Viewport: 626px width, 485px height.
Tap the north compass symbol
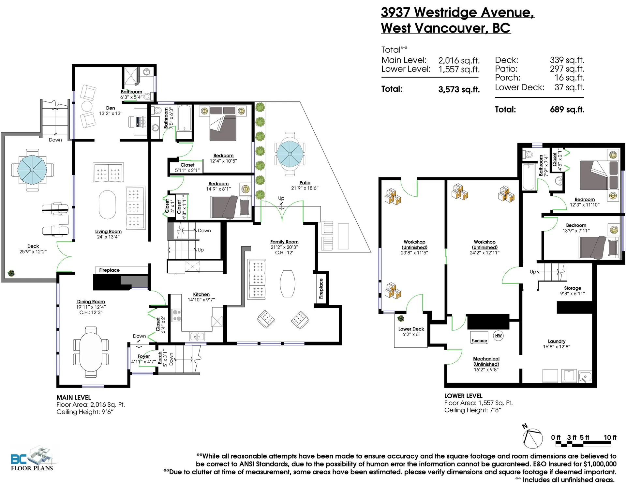tap(532, 438)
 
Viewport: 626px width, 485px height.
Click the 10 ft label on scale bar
tap(610, 437)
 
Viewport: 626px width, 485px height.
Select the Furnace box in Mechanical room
tap(479, 337)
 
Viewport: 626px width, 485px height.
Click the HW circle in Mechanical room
tap(498, 336)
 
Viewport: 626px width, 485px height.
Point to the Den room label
tap(110, 108)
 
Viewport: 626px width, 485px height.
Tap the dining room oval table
tap(91, 352)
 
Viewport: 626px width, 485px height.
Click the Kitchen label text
tap(201, 294)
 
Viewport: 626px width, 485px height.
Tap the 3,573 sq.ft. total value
tap(459, 89)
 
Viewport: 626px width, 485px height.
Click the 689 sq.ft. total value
tap(567, 110)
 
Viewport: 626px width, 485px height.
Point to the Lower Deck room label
tap(411, 329)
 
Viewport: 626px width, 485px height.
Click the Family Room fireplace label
tap(321, 289)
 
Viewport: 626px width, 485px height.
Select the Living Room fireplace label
tap(109, 270)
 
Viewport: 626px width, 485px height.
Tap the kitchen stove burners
tap(177, 315)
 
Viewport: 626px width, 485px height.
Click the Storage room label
tap(573, 288)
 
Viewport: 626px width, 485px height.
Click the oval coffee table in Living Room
tap(107, 205)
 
